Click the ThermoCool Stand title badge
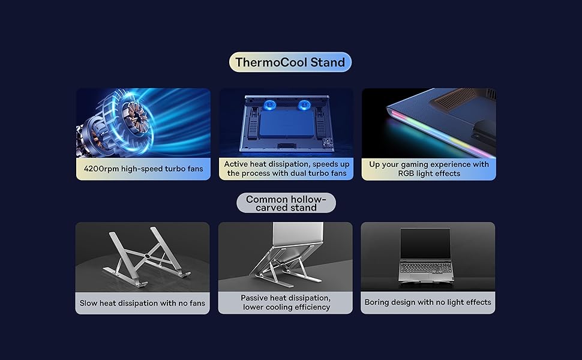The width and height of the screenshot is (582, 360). coord(290,62)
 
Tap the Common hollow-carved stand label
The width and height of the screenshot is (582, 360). coord(286,203)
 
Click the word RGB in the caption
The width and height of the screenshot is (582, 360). coord(406,173)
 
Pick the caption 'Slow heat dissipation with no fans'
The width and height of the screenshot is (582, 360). coord(142,303)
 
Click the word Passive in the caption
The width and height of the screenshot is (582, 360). coord(254,298)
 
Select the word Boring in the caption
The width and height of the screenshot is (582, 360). coord(376,302)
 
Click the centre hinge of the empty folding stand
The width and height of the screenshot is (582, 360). coord(148,257)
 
